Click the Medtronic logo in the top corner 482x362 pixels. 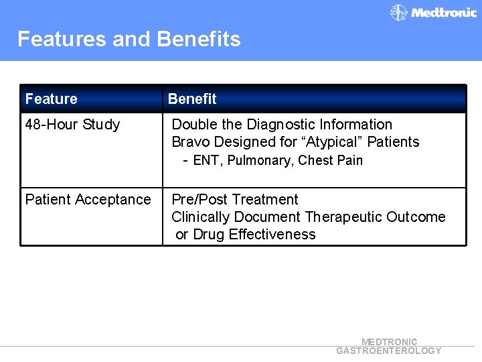(x=433, y=12)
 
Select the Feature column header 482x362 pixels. (x=51, y=99)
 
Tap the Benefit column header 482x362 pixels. (x=192, y=99)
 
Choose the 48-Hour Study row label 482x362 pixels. (x=72, y=125)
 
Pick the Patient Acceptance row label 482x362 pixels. (x=88, y=200)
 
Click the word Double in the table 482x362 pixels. (x=194, y=125)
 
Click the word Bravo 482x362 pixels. (x=189, y=142)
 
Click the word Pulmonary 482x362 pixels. (x=260, y=161)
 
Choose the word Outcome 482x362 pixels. (x=416, y=217)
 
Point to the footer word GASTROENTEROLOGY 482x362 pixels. (x=389, y=351)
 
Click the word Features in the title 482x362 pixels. (x=62, y=40)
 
